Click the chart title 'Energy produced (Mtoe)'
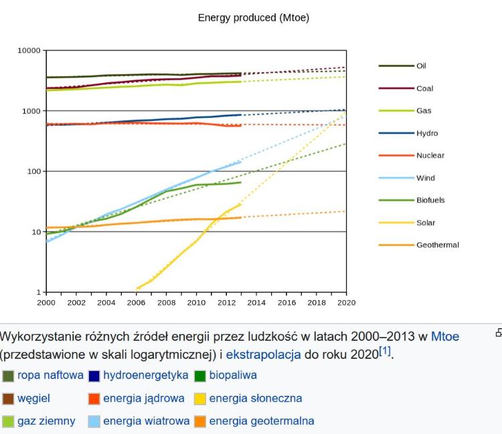coord(253,17)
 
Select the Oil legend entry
coord(421,66)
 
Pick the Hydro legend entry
coord(427,133)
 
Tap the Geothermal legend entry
coord(437,245)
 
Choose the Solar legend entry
coord(425,223)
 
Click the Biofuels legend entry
coord(430,200)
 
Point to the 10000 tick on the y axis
coord(29,50)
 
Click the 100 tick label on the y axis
coord(33,171)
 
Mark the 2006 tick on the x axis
coord(137,303)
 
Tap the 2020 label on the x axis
coord(346,303)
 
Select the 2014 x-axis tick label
coord(256,303)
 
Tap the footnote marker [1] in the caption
coord(386,352)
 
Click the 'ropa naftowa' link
coord(50,375)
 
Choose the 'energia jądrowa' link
coord(143,399)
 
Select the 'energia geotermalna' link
coord(261,421)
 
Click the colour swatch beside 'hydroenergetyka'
coord(94,376)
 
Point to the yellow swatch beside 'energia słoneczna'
coord(199,399)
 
